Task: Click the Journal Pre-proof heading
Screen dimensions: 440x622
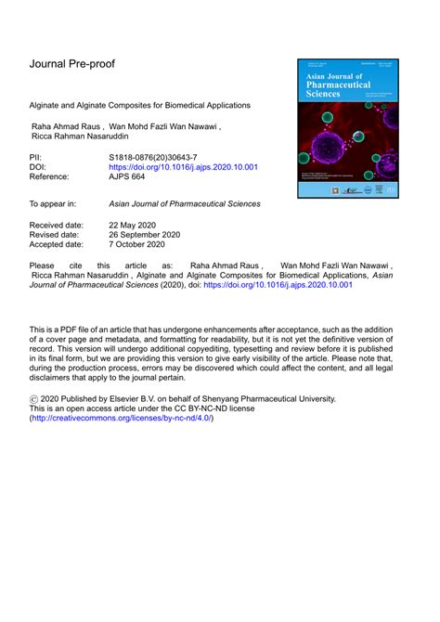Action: [79, 64]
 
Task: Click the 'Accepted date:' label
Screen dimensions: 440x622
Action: [63, 247]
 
